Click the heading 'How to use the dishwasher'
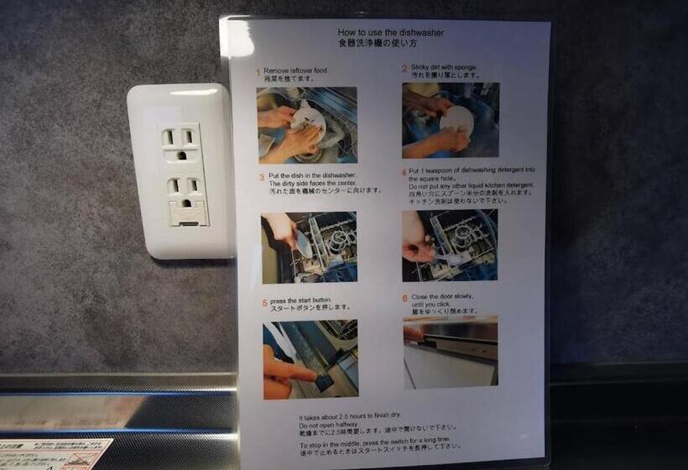click(x=390, y=33)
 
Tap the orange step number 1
click(x=258, y=72)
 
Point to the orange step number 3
click(x=261, y=178)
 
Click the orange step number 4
click(x=404, y=172)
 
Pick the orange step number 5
click(x=264, y=302)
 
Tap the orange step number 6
click(x=404, y=298)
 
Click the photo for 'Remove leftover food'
click(x=307, y=125)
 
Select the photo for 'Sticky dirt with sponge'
click(x=450, y=120)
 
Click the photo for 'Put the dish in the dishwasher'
click(x=309, y=247)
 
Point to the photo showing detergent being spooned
click(x=449, y=244)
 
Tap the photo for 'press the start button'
click(x=310, y=358)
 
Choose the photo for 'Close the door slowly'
click(x=450, y=352)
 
